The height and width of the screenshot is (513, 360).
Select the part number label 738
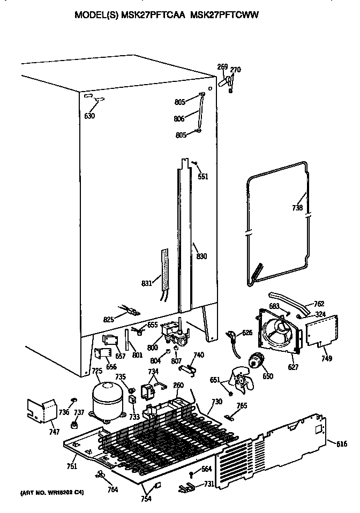pyautogui.click(x=297, y=207)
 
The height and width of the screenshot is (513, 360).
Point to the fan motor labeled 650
pyautogui.click(x=256, y=363)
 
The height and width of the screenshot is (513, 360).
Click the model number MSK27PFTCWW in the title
pyautogui.click(x=226, y=16)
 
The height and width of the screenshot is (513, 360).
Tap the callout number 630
pyautogui.click(x=89, y=116)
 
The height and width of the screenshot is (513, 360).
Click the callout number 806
pyautogui.click(x=179, y=118)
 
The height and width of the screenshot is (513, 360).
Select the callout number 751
pyautogui.click(x=72, y=466)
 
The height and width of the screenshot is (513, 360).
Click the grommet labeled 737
pyautogui.click(x=73, y=425)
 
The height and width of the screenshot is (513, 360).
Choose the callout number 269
pyautogui.click(x=222, y=67)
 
